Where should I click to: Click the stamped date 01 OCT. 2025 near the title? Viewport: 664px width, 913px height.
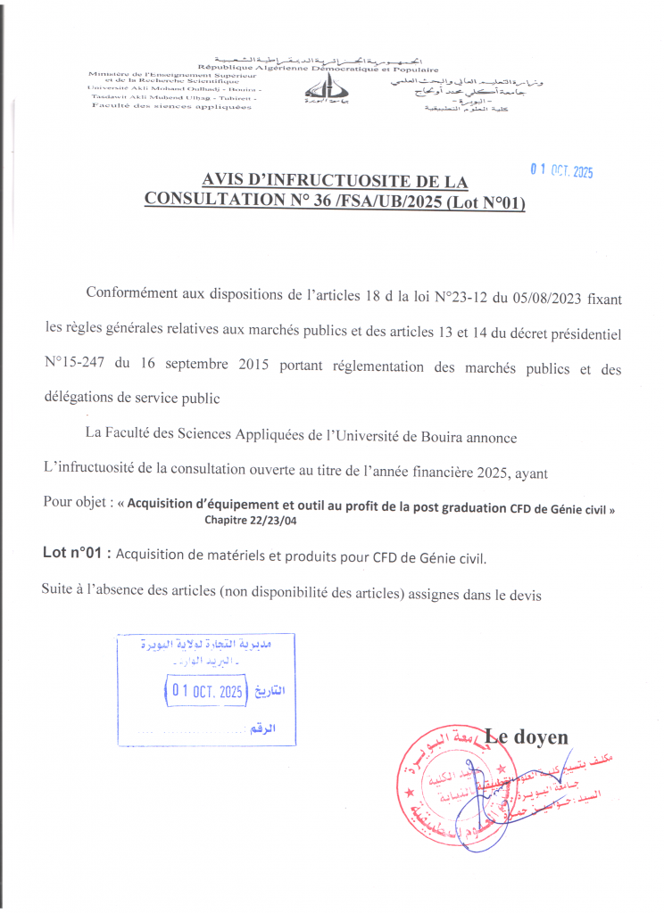561,172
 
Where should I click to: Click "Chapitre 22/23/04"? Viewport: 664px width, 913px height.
251,520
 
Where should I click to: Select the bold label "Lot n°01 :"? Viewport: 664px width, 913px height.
77,554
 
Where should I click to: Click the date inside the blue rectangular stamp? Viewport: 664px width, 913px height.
208,691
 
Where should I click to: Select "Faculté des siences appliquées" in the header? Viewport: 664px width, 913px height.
171,108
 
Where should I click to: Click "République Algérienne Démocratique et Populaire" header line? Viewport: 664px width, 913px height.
318,68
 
